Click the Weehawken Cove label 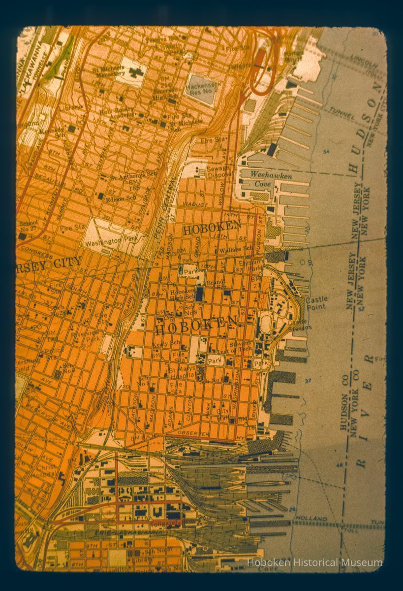[271, 179]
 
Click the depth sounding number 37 [309, 382]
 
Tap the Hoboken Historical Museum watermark [314, 562]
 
